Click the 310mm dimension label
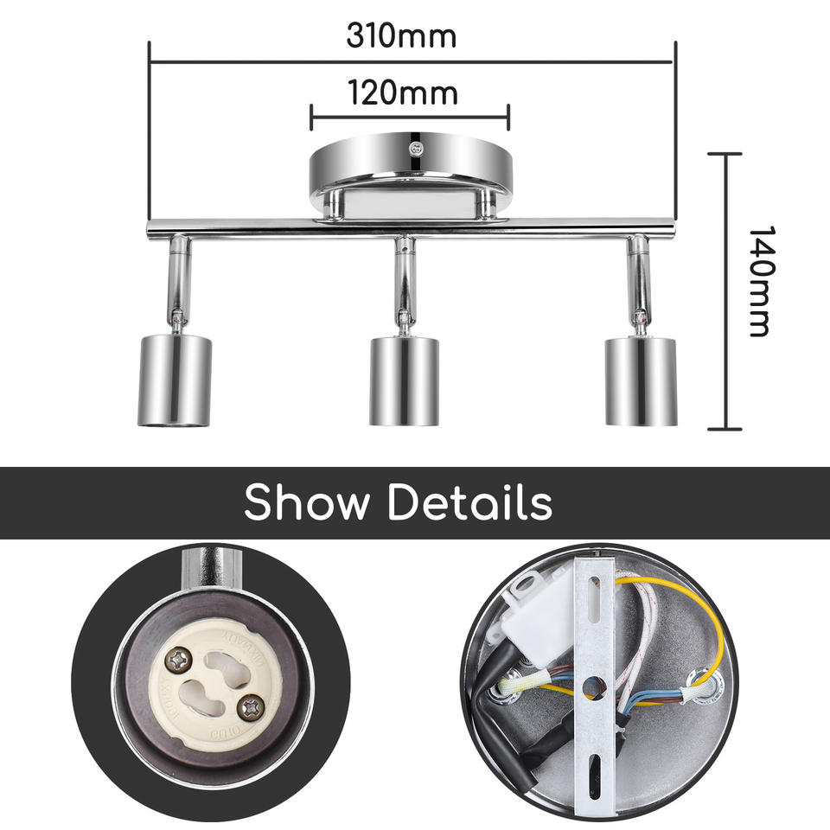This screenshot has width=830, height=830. [401, 36]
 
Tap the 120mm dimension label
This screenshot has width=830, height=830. [402, 91]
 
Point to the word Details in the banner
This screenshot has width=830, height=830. [469, 502]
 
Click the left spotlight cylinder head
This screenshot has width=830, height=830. [174, 380]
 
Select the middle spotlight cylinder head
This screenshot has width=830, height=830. [404, 380]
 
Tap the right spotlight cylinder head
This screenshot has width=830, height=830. [640, 380]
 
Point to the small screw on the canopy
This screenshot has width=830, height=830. [417, 148]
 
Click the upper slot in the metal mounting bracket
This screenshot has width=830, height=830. [595, 597]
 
